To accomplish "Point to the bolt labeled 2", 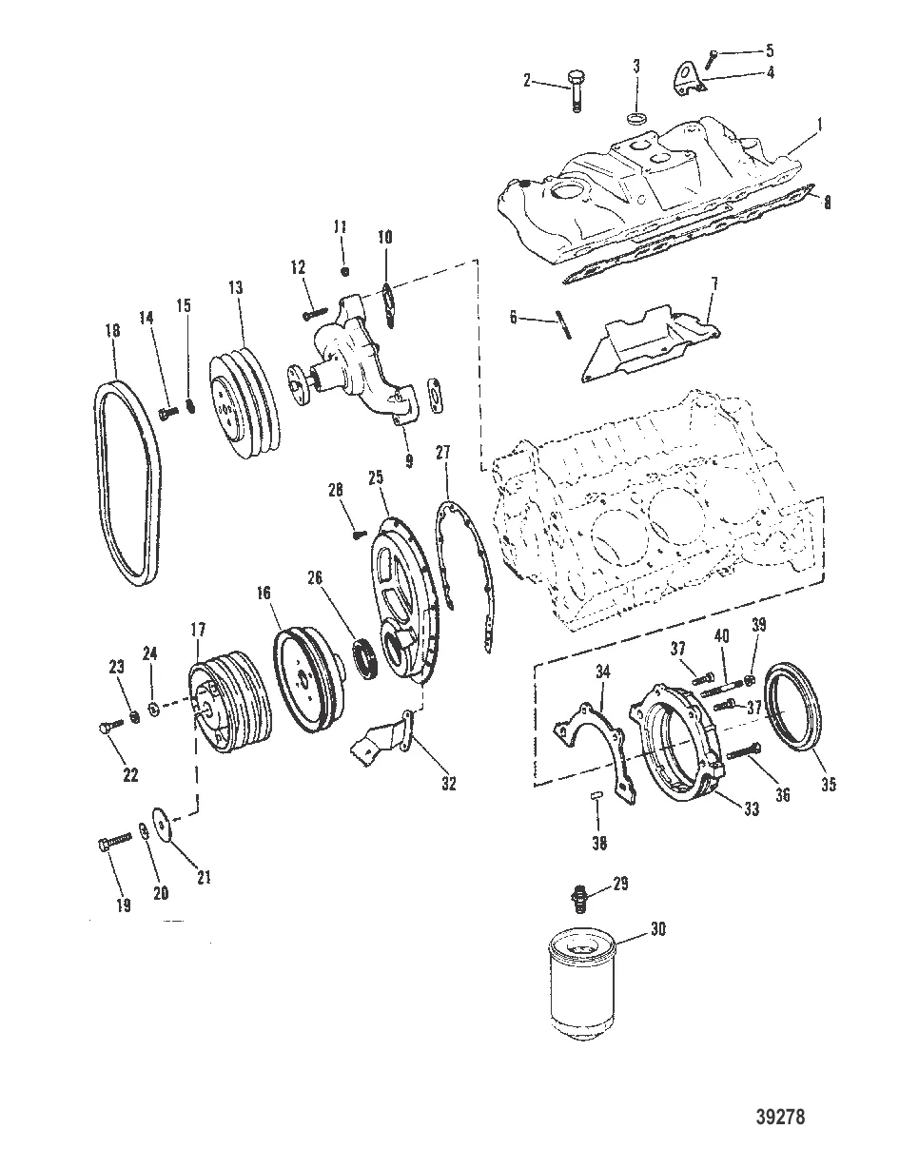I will point(577,90).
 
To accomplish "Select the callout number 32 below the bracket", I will point(447,784).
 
